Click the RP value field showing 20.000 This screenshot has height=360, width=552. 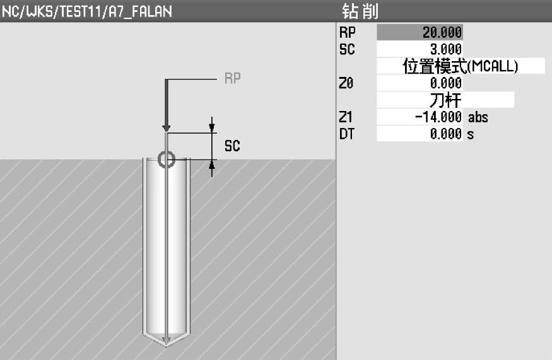(x=420, y=32)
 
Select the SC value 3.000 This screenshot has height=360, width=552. (x=420, y=49)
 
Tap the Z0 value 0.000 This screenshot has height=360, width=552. (x=420, y=83)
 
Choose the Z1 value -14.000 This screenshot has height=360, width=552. (x=420, y=117)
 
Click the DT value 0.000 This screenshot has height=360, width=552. (x=420, y=134)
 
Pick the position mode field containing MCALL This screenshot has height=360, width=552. (x=461, y=66)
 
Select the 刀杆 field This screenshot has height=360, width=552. (x=445, y=100)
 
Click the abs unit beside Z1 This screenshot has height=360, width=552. (x=478, y=117)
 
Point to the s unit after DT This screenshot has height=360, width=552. (x=471, y=135)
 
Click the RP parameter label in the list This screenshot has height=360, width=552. (x=347, y=32)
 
